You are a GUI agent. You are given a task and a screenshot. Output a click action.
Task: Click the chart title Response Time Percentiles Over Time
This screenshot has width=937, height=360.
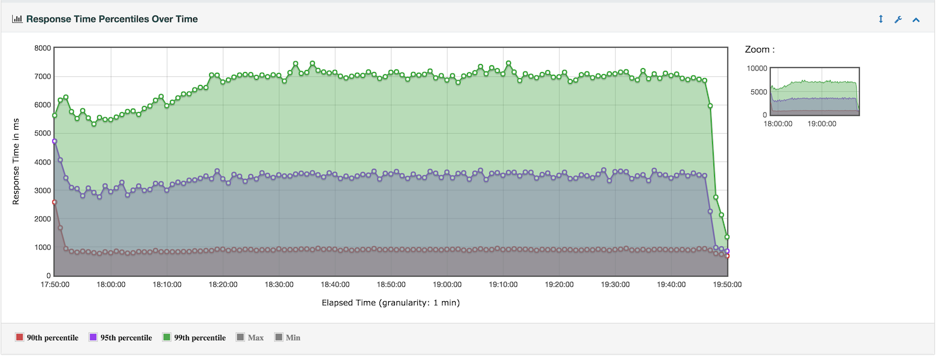click(111, 19)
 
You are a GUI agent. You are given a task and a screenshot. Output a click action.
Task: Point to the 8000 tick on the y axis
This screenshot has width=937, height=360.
click(42, 48)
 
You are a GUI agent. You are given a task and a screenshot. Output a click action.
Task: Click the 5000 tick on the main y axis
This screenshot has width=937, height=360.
click(42, 134)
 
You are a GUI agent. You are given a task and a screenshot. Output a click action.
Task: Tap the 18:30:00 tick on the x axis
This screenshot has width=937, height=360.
click(279, 285)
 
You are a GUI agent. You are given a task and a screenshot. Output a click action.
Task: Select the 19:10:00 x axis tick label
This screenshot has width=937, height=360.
click(503, 285)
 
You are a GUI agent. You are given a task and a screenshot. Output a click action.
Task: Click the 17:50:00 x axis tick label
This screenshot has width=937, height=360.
click(55, 285)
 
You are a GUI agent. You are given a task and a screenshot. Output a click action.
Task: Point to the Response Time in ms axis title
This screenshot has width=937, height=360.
click(17, 162)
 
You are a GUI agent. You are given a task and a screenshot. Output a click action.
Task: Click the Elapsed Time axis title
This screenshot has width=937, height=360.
click(390, 303)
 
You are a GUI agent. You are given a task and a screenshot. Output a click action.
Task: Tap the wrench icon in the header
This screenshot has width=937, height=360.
click(898, 20)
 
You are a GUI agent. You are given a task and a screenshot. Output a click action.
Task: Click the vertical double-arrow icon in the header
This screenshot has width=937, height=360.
click(880, 20)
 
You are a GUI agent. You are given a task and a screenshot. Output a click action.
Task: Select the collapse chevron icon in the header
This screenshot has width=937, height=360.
click(916, 20)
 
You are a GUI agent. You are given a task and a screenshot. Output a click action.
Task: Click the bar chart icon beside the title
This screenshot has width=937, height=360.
click(18, 19)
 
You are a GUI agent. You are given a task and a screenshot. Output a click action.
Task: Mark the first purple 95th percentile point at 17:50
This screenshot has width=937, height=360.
click(55, 141)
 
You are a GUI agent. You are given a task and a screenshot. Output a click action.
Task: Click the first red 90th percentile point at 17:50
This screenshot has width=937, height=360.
click(55, 202)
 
